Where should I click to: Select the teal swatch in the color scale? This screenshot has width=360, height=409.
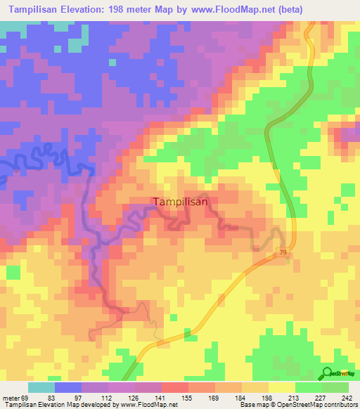tap(41, 388)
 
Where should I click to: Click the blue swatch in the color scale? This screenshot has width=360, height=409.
tap(68, 388)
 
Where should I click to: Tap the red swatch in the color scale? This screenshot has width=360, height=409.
tap(175, 388)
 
